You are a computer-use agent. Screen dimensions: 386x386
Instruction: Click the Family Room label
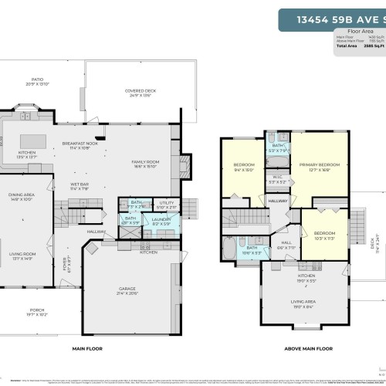[144, 164]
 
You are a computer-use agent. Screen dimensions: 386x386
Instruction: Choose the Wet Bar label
[78, 185]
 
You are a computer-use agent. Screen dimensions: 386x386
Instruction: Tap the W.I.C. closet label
[276, 181]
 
